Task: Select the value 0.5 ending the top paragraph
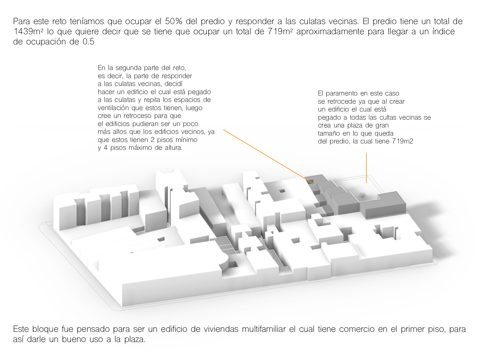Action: tap(88, 42)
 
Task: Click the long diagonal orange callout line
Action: tap(268, 156)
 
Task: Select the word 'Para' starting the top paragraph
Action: tap(21, 21)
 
